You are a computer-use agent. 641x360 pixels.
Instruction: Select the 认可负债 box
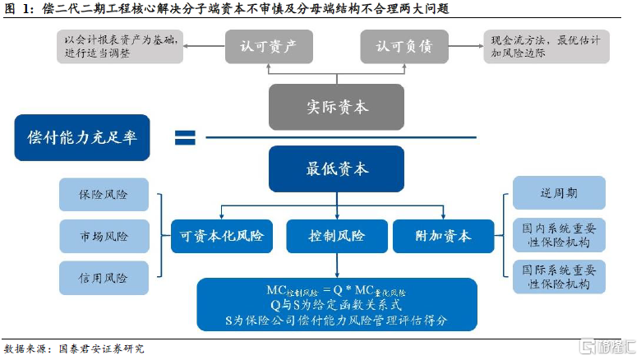point(404,47)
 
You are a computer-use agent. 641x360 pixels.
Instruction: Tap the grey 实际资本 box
point(337,107)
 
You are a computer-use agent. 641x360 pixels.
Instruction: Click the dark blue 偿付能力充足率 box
point(82,137)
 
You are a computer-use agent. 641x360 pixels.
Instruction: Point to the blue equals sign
point(185,137)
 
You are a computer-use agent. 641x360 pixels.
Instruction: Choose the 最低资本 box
point(337,169)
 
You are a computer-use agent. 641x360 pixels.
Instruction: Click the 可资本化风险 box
point(222,236)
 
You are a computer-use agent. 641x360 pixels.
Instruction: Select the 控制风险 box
point(337,236)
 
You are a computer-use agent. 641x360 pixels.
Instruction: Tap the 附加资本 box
point(444,236)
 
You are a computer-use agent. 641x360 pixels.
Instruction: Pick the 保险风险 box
point(104,195)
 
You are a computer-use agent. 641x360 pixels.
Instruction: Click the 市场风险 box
point(104,236)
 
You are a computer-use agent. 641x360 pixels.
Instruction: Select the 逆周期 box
point(559,192)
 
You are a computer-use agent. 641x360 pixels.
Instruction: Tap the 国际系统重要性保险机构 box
point(559,276)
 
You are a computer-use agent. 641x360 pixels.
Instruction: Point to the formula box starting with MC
point(337,306)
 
